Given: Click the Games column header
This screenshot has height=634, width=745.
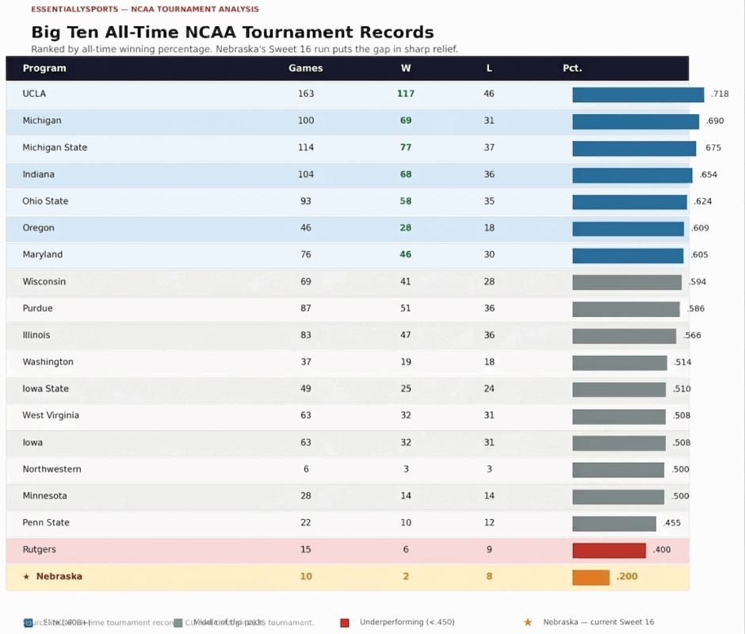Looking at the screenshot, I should click(306, 68).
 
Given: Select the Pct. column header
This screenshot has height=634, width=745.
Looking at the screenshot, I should click(572, 68).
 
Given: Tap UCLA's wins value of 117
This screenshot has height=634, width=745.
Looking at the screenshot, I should click(406, 94).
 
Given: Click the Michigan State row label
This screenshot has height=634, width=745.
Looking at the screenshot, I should click(55, 147).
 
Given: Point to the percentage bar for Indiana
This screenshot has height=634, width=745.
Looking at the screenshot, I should click(632, 175).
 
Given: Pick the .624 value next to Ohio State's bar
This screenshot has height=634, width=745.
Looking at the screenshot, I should click(702, 201).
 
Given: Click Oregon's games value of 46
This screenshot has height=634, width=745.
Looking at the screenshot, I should click(306, 228).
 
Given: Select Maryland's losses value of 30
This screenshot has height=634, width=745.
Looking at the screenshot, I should click(489, 255).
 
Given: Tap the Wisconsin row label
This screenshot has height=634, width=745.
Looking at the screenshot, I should click(44, 282).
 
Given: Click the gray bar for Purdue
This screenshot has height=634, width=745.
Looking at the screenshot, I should click(625, 309).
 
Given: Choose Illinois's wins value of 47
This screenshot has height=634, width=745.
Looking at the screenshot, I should click(406, 335).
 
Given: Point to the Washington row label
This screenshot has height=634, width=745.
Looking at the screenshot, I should click(48, 362).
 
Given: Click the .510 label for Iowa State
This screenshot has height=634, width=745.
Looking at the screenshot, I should click(682, 389).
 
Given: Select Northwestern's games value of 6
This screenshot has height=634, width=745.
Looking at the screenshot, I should click(306, 469).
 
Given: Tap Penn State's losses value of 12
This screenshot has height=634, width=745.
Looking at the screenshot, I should click(489, 523).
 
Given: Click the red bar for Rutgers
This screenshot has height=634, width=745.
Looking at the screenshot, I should click(609, 550).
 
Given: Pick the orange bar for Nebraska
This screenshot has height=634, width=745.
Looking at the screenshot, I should click(590, 577).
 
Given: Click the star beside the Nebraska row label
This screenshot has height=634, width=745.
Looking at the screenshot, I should click(26, 577).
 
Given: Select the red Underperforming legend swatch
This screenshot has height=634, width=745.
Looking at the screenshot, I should click(345, 623).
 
